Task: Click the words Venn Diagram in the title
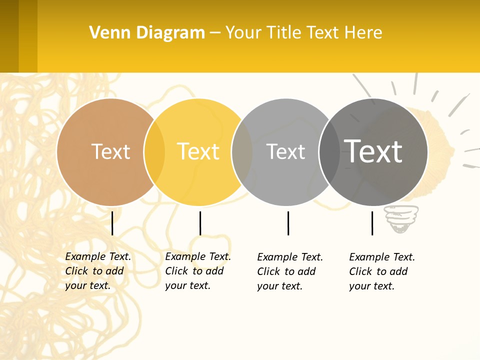(x=147, y=33)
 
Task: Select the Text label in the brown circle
(x=110, y=151)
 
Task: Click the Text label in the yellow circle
(x=198, y=151)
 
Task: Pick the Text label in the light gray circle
(x=285, y=151)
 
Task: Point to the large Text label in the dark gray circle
(x=373, y=151)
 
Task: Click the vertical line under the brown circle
(x=112, y=223)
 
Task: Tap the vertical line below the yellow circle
(x=200, y=223)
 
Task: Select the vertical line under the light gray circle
(x=288, y=223)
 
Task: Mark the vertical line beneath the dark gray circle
(x=372, y=223)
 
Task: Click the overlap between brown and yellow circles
(x=154, y=152)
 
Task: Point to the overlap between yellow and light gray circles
(x=242, y=152)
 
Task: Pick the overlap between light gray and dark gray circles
(x=329, y=152)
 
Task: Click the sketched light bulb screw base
(x=400, y=220)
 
